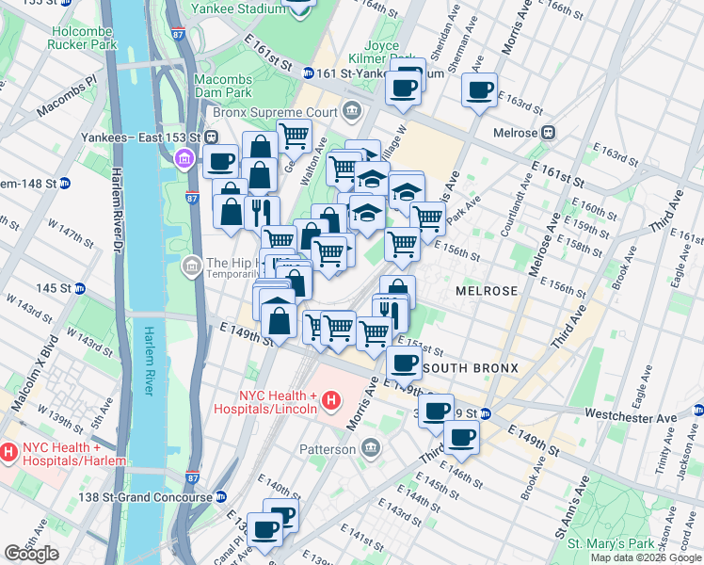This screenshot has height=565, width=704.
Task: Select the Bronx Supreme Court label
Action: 293,112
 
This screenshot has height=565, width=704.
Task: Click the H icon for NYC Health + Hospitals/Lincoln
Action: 330,402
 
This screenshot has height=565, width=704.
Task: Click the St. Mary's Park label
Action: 616,544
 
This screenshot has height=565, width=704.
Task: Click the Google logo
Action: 31,554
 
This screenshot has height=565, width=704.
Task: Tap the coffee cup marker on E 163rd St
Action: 479,90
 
